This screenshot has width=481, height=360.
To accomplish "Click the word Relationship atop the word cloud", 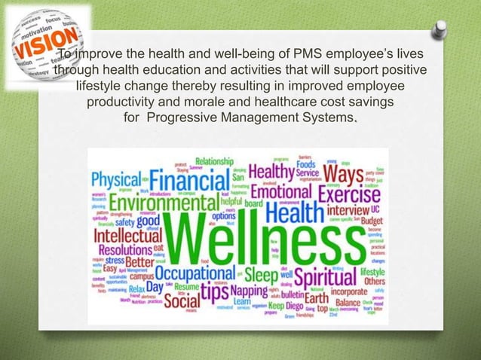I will coord(215,160).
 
